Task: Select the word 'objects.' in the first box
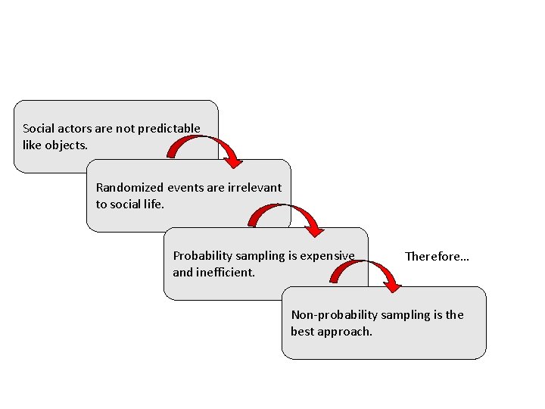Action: tap(67, 145)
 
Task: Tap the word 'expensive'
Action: tap(327, 256)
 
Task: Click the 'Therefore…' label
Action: tap(437, 257)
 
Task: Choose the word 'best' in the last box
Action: tap(303, 332)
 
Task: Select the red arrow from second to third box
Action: tap(295, 216)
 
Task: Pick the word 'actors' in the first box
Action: tap(75, 129)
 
